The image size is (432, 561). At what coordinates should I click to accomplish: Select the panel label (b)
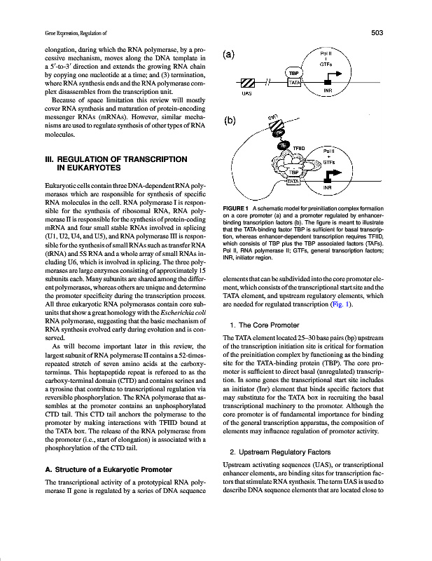pos(228,121)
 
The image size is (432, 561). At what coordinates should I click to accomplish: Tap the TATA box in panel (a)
pos(294,82)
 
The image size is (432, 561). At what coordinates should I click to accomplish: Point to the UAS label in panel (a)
pos(246,93)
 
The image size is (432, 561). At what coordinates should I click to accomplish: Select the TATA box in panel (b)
pos(293,181)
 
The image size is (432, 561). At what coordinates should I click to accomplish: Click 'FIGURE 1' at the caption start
pos(236,210)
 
